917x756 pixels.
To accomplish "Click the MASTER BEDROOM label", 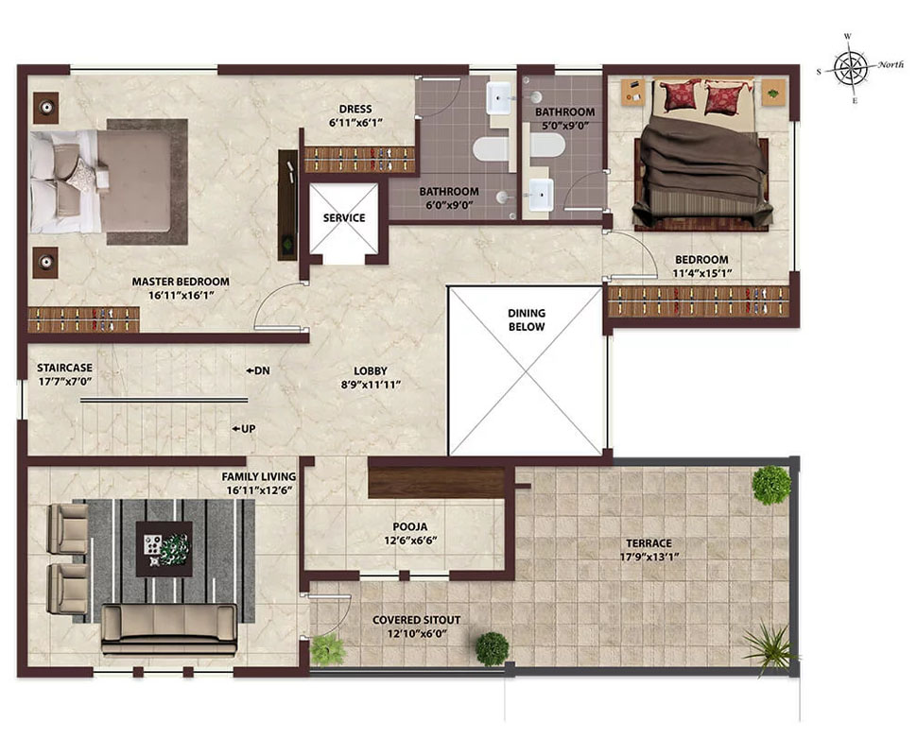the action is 181,282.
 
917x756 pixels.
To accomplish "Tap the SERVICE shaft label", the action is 344,217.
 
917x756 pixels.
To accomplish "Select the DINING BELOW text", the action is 527,319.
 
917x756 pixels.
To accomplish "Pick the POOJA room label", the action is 410,526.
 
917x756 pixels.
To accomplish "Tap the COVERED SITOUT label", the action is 416,620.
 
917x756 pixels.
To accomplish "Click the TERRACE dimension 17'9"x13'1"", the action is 649,557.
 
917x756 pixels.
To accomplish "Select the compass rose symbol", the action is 850,68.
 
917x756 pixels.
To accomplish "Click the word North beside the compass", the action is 891,64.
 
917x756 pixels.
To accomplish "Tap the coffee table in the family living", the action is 164,549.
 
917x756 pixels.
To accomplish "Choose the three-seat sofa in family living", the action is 169,629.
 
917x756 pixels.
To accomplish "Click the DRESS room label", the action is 355,109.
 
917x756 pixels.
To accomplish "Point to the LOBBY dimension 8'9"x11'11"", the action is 371,385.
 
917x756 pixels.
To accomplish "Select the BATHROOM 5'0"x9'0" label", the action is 565,118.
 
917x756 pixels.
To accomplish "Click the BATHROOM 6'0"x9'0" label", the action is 449,198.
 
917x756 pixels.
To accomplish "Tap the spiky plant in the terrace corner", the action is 768,646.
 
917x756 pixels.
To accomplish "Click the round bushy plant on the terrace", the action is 771,485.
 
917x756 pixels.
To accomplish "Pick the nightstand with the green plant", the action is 773,93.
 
